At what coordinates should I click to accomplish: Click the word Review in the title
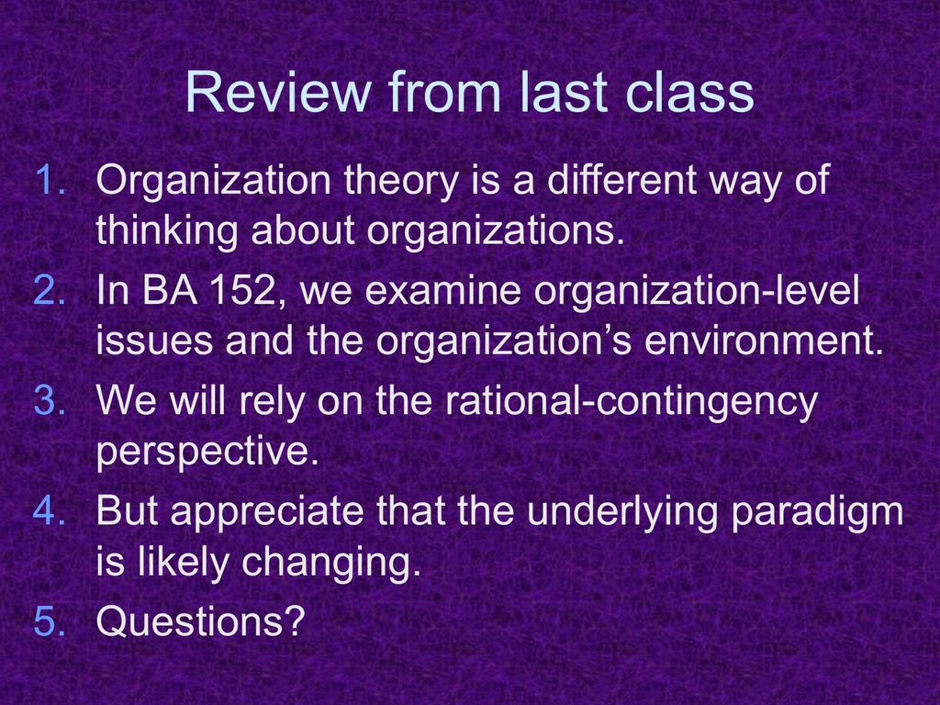pyautogui.click(x=278, y=92)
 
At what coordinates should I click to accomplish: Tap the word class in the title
pyautogui.click(x=688, y=92)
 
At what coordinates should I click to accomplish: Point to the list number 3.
pyautogui.click(x=50, y=400)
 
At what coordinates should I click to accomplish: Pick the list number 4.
pyautogui.click(x=50, y=510)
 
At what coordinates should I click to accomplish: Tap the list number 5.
pyautogui.click(x=50, y=621)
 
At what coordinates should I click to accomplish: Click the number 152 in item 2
pyautogui.click(x=247, y=291)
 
